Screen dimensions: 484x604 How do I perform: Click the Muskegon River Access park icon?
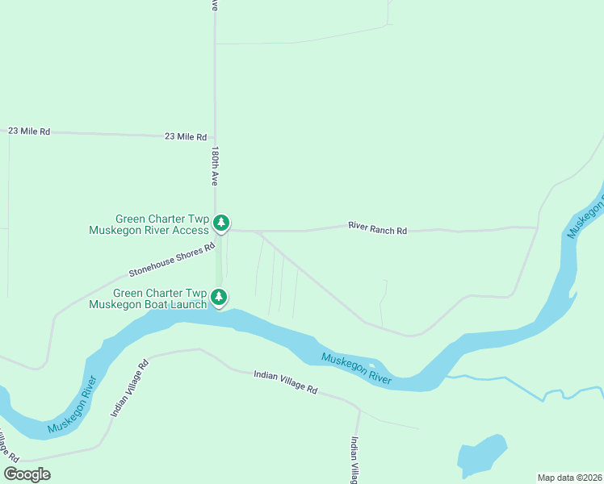[x=221, y=223]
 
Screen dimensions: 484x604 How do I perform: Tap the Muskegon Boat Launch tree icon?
[x=219, y=298]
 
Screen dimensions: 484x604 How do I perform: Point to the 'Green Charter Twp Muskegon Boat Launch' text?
[x=159, y=299]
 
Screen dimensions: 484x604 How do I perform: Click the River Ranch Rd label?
[x=377, y=230]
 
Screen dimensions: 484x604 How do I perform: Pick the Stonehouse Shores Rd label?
[x=172, y=261]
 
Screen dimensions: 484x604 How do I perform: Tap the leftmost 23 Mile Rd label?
[x=29, y=131]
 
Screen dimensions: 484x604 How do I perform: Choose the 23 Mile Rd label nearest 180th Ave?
[x=186, y=137]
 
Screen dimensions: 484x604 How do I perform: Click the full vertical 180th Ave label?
[x=215, y=165]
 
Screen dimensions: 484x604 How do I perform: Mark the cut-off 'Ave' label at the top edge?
[x=214, y=5]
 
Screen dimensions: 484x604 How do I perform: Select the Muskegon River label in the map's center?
[x=356, y=369]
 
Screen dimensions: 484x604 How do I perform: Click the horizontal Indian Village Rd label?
[x=285, y=382]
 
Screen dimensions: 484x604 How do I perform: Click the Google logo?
[x=27, y=474]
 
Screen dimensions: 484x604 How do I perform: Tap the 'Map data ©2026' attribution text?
[x=569, y=478]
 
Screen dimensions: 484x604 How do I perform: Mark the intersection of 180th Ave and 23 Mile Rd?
[x=215, y=137]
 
